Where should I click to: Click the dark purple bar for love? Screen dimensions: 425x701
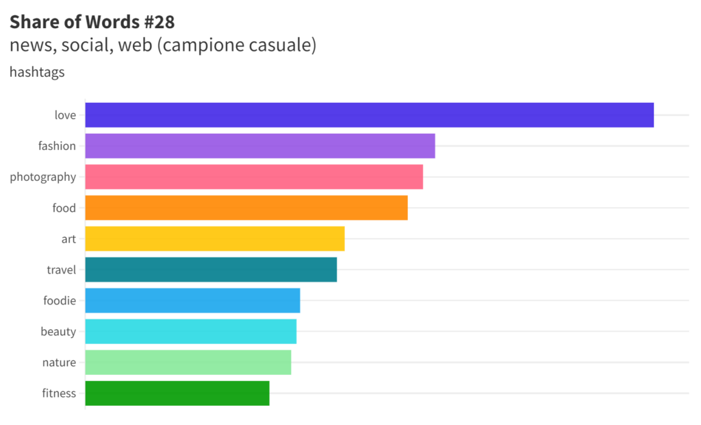pos(370,115)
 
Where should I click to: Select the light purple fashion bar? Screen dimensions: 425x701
pos(260,146)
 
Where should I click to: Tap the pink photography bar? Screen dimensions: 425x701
pos(254,177)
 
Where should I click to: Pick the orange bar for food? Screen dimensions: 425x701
pos(246,208)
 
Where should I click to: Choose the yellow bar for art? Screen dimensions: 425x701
pos(215,239)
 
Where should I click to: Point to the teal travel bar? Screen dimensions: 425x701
pos(211,269)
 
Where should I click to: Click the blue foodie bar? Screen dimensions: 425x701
pos(192,300)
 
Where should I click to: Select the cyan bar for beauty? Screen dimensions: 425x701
pos(191,331)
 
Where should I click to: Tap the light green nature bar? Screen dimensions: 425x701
pos(188,362)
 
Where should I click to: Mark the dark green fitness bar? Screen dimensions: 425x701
pos(177,393)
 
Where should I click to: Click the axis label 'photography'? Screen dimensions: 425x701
pos(42,177)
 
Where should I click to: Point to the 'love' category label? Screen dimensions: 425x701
pos(65,115)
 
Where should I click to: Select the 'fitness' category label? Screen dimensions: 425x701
pos(59,393)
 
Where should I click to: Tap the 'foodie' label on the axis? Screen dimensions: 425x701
pos(60,300)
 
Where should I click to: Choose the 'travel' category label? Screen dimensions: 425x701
pos(61,269)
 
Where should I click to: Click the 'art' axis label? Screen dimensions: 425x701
pos(68,239)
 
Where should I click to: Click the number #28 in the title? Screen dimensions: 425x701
pos(159,22)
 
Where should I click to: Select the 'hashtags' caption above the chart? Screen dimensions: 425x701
pos(37,71)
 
